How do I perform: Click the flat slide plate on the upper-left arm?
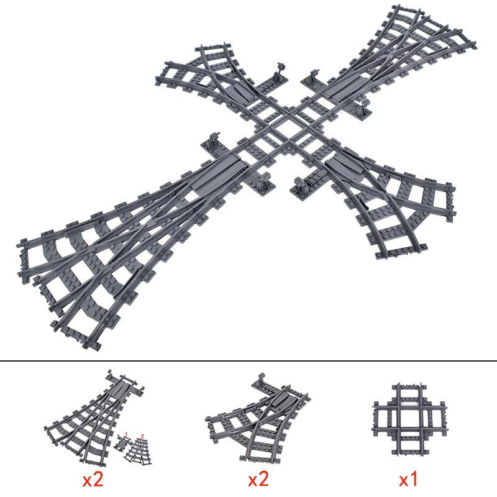(x=238, y=92)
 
